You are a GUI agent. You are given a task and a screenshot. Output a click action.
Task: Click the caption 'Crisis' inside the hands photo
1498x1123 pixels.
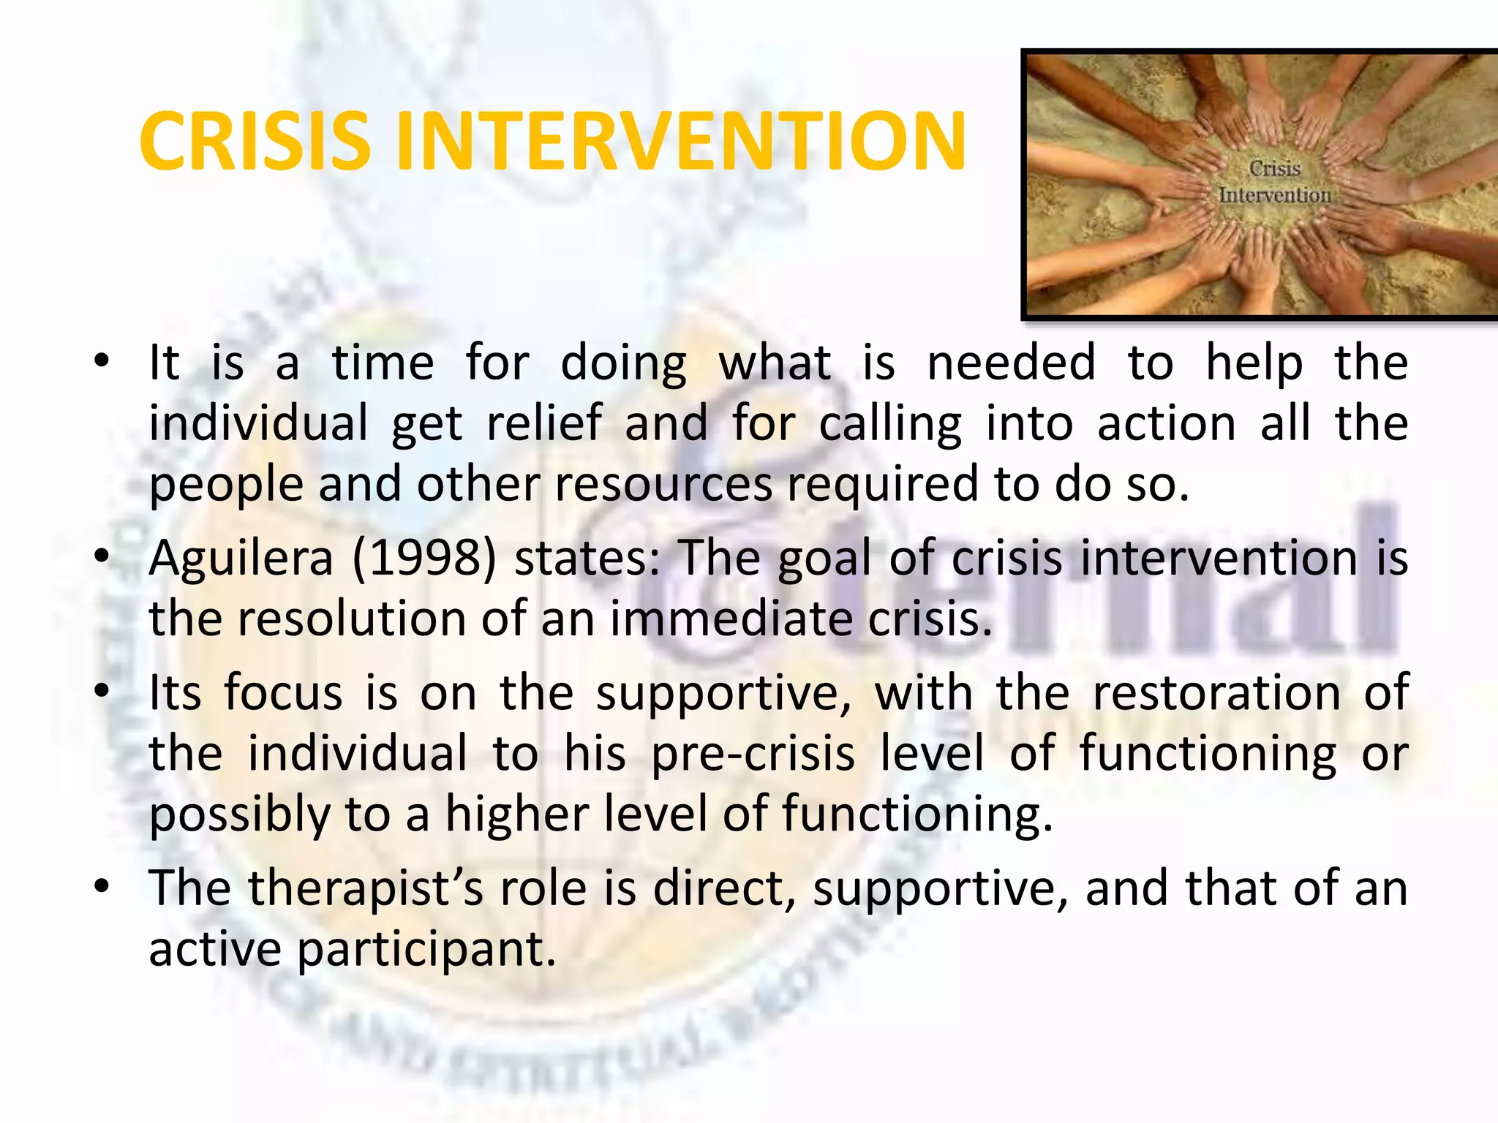click(x=1275, y=169)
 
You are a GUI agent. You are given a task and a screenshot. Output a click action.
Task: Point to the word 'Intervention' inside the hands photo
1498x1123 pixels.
click(x=1275, y=195)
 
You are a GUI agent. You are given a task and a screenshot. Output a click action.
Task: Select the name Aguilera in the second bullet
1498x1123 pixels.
click(x=241, y=559)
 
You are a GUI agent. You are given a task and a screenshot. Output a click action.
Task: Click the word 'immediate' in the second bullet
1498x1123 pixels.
click(x=731, y=619)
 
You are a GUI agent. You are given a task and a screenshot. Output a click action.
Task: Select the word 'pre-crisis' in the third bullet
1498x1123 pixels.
click(x=753, y=753)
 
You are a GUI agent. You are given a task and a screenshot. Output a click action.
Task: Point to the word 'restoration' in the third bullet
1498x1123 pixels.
click(x=1216, y=692)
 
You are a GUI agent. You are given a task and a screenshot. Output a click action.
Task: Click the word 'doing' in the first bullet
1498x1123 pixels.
click(x=623, y=363)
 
